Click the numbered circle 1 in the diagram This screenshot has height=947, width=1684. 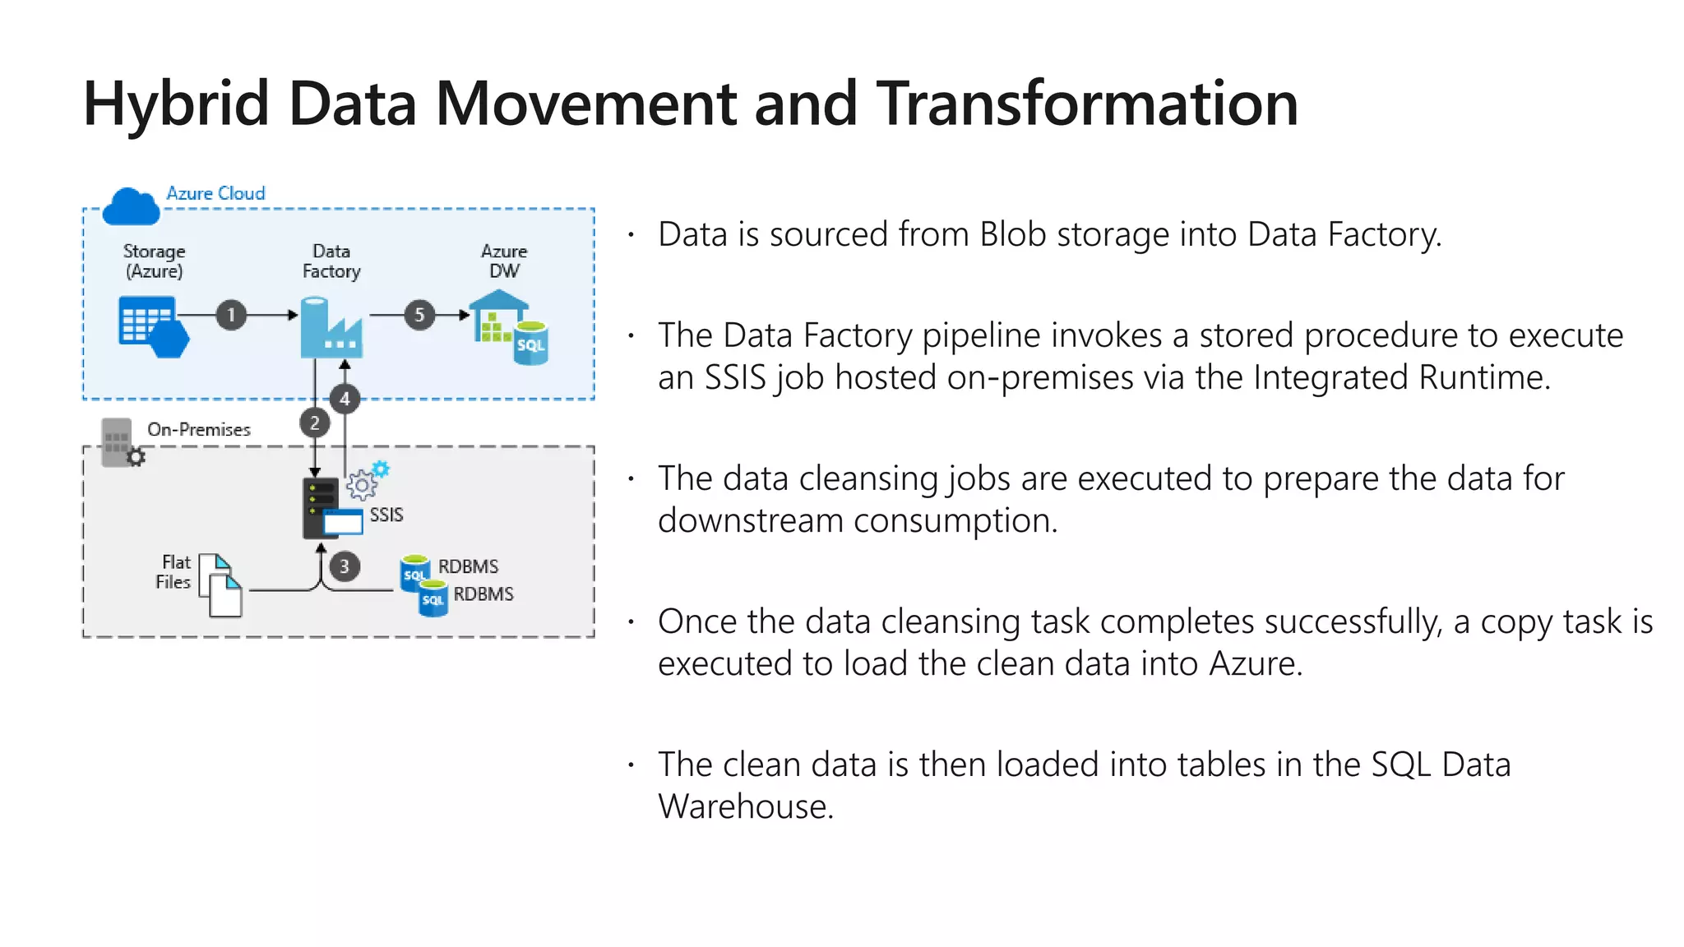pos(231,315)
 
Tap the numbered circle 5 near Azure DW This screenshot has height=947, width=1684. pos(419,315)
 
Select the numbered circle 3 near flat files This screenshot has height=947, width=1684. pos(345,566)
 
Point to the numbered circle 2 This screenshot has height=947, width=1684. pos(314,423)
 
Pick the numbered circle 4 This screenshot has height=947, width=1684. pos(345,400)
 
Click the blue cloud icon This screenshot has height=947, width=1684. pos(131,207)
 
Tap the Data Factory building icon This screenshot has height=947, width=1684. pos(331,330)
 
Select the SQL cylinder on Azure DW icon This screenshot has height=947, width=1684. pos(530,344)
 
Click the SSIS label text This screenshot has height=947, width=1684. pos(386,515)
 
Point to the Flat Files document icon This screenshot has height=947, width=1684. pos(220,585)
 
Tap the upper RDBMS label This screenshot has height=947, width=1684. pos(468,566)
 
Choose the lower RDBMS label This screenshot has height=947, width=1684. pos(483,594)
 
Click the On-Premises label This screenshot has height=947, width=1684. pos(198,429)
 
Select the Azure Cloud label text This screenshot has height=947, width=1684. pos(215,193)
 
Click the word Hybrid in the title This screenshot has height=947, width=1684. pos(176,104)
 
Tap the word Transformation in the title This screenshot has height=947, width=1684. pos(1086,104)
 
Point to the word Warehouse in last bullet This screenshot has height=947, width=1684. pos(745,806)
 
